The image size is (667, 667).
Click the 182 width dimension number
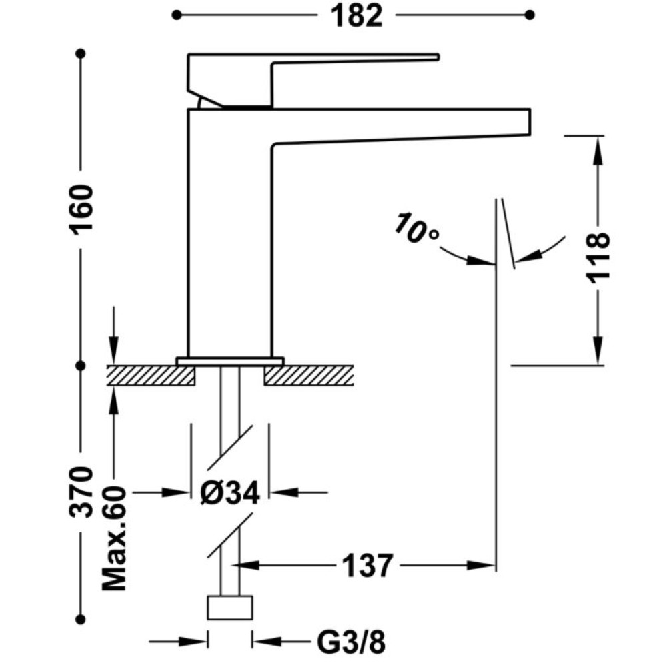[356, 17]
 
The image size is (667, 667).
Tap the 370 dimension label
[81, 492]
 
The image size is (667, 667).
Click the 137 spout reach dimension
[367, 566]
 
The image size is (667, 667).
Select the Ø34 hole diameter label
[229, 494]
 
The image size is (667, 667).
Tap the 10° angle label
[416, 229]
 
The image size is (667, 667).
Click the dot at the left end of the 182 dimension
[177, 15]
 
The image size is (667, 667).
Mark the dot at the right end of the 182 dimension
[530, 15]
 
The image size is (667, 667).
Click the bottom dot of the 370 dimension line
[81, 619]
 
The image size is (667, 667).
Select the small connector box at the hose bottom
[229, 608]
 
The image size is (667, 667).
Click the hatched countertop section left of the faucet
[151, 375]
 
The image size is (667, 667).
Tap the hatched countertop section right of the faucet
[309, 375]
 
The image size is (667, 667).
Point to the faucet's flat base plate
[230, 361]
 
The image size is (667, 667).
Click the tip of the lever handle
[438, 57]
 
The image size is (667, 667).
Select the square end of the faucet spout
[530, 122]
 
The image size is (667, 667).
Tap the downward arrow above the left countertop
[113, 336]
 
